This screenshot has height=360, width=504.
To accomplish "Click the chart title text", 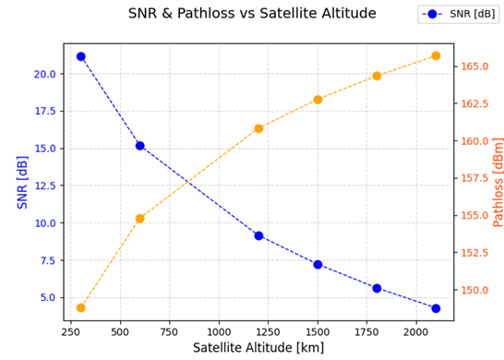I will click(252, 14).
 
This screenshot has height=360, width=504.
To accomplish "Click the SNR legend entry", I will click(458, 14).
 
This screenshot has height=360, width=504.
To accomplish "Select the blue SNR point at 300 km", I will click(81, 56).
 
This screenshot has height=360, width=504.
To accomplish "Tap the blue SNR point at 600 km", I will click(140, 146).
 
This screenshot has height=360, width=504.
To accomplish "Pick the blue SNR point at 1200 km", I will click(258, 235).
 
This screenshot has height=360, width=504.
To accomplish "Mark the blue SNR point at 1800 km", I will click(377, 288).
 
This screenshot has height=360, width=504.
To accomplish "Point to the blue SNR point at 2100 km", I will click(436, 308).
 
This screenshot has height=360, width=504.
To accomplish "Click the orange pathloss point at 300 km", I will click(81, 307).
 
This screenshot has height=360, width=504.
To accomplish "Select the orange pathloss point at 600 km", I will click(140, 219).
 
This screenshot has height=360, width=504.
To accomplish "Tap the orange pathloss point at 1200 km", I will click(258, 128).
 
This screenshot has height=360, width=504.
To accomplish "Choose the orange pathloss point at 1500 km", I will click(318, 100).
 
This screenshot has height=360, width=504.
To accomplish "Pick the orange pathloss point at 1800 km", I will click(377, 76).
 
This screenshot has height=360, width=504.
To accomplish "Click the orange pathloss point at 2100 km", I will click(436, 56).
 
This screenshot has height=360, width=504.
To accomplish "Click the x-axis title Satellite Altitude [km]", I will click(258, 348).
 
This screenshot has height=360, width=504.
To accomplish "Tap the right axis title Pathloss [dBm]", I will click(498, 182).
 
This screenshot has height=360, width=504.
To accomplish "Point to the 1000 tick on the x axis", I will click(219, 331).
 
